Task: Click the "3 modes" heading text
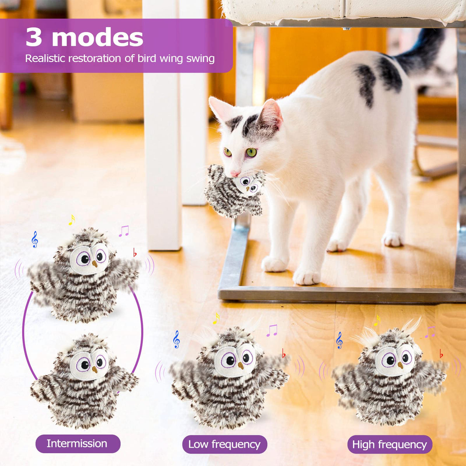[x=84, y=37]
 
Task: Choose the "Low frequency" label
[x=224, y=444]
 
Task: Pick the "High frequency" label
[x=389, y=444]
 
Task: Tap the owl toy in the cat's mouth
[x=235, y=191]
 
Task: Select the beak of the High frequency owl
[x=400, y=365]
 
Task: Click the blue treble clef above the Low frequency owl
[x=177, y=339]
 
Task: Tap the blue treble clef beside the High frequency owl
[x=339, y=340]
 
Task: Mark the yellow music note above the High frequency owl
[x=377, y=320]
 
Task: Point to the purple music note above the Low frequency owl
[x=272, y=330]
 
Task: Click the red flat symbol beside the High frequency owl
[x=441, y=354]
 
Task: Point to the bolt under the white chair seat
[x=346, y=28]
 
